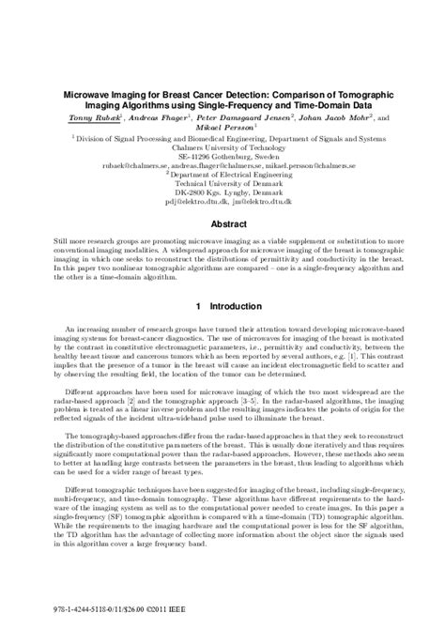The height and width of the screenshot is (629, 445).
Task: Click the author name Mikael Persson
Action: coord(222,130)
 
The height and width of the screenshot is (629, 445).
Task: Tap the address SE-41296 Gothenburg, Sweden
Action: coord(222,155)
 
